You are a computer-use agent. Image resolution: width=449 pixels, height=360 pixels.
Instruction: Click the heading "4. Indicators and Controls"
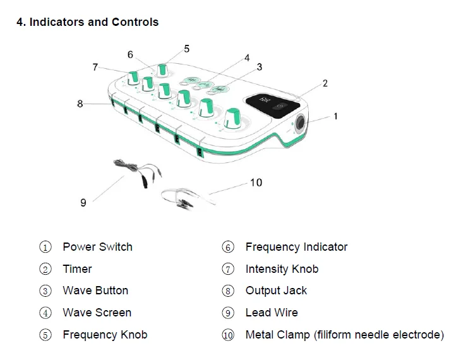pyautogui.click(x=87, y=22)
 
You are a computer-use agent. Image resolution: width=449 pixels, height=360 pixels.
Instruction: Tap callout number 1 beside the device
pyautogui.click(x=335, y=116)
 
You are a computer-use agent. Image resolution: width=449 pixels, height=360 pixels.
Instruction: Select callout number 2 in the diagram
pyautogui.click(x=325, y=83)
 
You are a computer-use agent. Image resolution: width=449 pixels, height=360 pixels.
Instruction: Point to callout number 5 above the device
pyautogui.click(x=186, y=49)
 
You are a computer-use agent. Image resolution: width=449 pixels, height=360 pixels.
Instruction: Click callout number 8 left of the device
pyautogui.click(x=80, y=104)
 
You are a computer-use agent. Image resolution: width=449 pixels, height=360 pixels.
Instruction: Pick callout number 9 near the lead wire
pyautogui.click(x=83, y=203)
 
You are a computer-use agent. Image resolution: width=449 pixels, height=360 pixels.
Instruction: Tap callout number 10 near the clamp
pyautogui.click(x=256, y=183)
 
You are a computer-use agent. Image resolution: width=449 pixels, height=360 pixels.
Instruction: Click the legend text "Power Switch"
pyautogui.click(x=97, y=247)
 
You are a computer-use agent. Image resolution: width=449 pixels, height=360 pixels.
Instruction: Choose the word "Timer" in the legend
pyautogui.click(x=77, y=269)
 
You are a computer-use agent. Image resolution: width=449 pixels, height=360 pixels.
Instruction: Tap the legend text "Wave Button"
pyautogui.click(x=95, y=291)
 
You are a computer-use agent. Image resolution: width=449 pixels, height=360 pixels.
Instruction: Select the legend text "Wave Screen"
pyautogui.click(x=97, y=313)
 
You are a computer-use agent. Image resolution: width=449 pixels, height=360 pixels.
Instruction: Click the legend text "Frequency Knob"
pyautogui.click(x=105, y=335)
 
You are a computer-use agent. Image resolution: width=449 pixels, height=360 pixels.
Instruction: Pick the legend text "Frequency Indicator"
pyautogui.click(x=296, y=247)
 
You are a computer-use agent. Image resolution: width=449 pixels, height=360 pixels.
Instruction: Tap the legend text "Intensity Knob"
pyautogui.click(x=282, y=269)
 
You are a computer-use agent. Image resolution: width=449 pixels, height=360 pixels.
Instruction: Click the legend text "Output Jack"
pyautogui.click(x=276, y=291)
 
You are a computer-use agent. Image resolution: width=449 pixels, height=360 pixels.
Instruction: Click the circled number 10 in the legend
pyautogui.click(x=228, y=335)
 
